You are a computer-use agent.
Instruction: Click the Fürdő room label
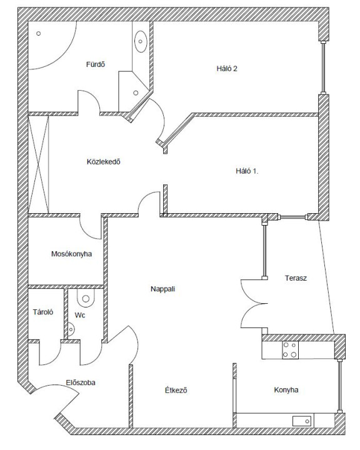click(x=96, y=64)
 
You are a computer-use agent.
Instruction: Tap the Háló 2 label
click(x=227, y=69)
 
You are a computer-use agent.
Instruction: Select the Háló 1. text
click(x=247, y=171)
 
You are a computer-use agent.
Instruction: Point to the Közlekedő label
click(x=103, y=162)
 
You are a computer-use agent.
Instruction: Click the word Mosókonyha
click(x=71, y=254)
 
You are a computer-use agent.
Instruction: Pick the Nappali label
click(x=162, y=289)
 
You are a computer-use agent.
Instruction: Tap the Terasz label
click(x=296, y=278)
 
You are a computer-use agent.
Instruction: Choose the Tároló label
click(x=43, y=312)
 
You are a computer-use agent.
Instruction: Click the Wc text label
click(x=80, y=316)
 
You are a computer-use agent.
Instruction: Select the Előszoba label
click(x=81, y=383)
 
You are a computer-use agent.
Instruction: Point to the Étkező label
click(x=176, y=390)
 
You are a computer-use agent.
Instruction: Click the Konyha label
click(x=286, y=390)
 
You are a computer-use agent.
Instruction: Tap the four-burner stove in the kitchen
click(x=289, y=350)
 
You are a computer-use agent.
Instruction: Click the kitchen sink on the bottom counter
click(x=302, y=421)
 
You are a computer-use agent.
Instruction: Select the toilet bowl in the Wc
click(x=86, y=298)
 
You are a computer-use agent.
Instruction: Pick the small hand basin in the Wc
click(x=71, y=329)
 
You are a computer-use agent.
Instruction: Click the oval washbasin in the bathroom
click(x=141, y=41)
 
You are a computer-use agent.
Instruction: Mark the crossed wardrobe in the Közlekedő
click(x=39, y=164)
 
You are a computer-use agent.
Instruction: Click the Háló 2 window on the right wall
click(x=324, y=67)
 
